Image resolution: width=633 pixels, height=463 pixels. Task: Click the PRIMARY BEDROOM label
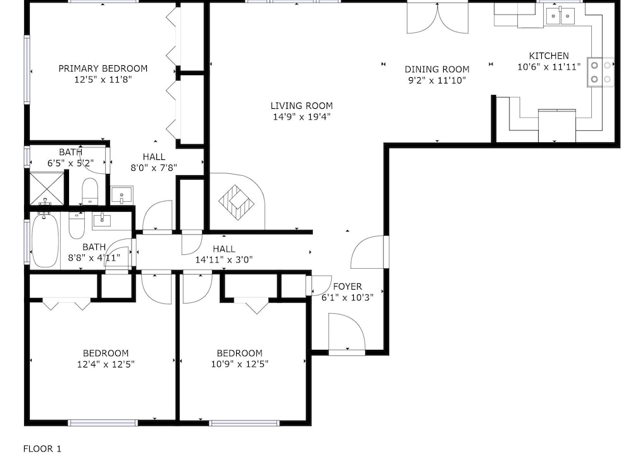[x=103, y=68]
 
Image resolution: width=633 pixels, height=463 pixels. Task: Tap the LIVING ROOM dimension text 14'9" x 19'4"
[x=301, y=117]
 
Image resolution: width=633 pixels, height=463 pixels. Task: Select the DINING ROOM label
[x=437, y=70]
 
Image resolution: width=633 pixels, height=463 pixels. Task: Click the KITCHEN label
[x=549, y=56]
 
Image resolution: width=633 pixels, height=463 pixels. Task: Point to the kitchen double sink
[x=560, y=16]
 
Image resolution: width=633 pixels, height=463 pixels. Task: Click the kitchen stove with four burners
[x=601, y=72]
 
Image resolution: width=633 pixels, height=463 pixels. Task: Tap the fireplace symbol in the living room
[x=236, y=202]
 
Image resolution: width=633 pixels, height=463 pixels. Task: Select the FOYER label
[x=347, y=287]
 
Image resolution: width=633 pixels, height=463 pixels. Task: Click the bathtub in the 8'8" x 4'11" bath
[x=45, y=240]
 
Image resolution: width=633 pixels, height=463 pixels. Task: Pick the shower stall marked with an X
[x=47, y=188]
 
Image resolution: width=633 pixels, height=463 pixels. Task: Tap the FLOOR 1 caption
[x=42, y=448]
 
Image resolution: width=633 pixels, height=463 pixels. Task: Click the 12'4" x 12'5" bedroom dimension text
[x=106, y=364]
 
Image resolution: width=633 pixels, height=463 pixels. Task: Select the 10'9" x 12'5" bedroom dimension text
[x=240, y=364]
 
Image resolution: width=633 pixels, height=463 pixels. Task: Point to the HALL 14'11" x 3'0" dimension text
[x=224, y=260]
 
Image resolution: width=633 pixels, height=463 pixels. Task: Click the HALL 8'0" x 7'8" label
[x=154, y=162]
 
